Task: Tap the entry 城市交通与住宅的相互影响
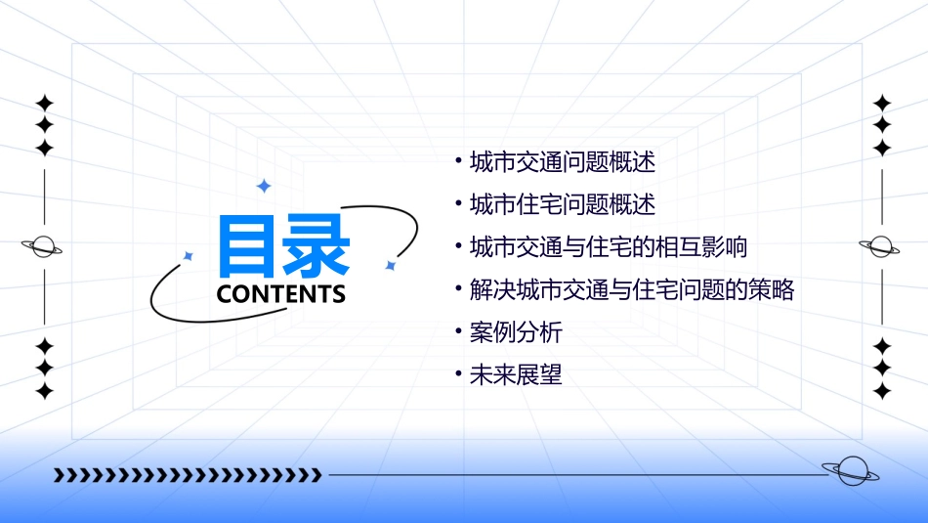pyautogui.click(x=608, y=246)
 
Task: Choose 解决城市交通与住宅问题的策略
pyautogui.click(x=631, y=289)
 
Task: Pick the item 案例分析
pyautogui.click(x=516, y=331)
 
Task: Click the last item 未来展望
pyautogui.click(x=516, y=374)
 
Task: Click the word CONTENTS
pyautogui.click(x=281, y=294)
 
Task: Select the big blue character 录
pyautogui.click(x=316, y=245)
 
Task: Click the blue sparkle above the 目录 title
pyautogui.click(x=262, y=186)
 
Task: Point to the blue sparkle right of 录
pyautogui.click(x=390, y=265)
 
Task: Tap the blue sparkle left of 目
pyautogui.click(x=189, y=256)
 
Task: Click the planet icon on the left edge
pyautogui.click(x=43, y=246)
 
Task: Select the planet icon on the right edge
pyautogui.click(x=881, y=246)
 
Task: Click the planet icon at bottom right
pyautogui.click(x=851, y=471)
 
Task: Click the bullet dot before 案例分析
pyautogui.click(x=458, y=331)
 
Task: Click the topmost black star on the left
pyautogui.click(x=44, y=103)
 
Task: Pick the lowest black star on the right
pyautogui.click(x=882, y=391)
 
